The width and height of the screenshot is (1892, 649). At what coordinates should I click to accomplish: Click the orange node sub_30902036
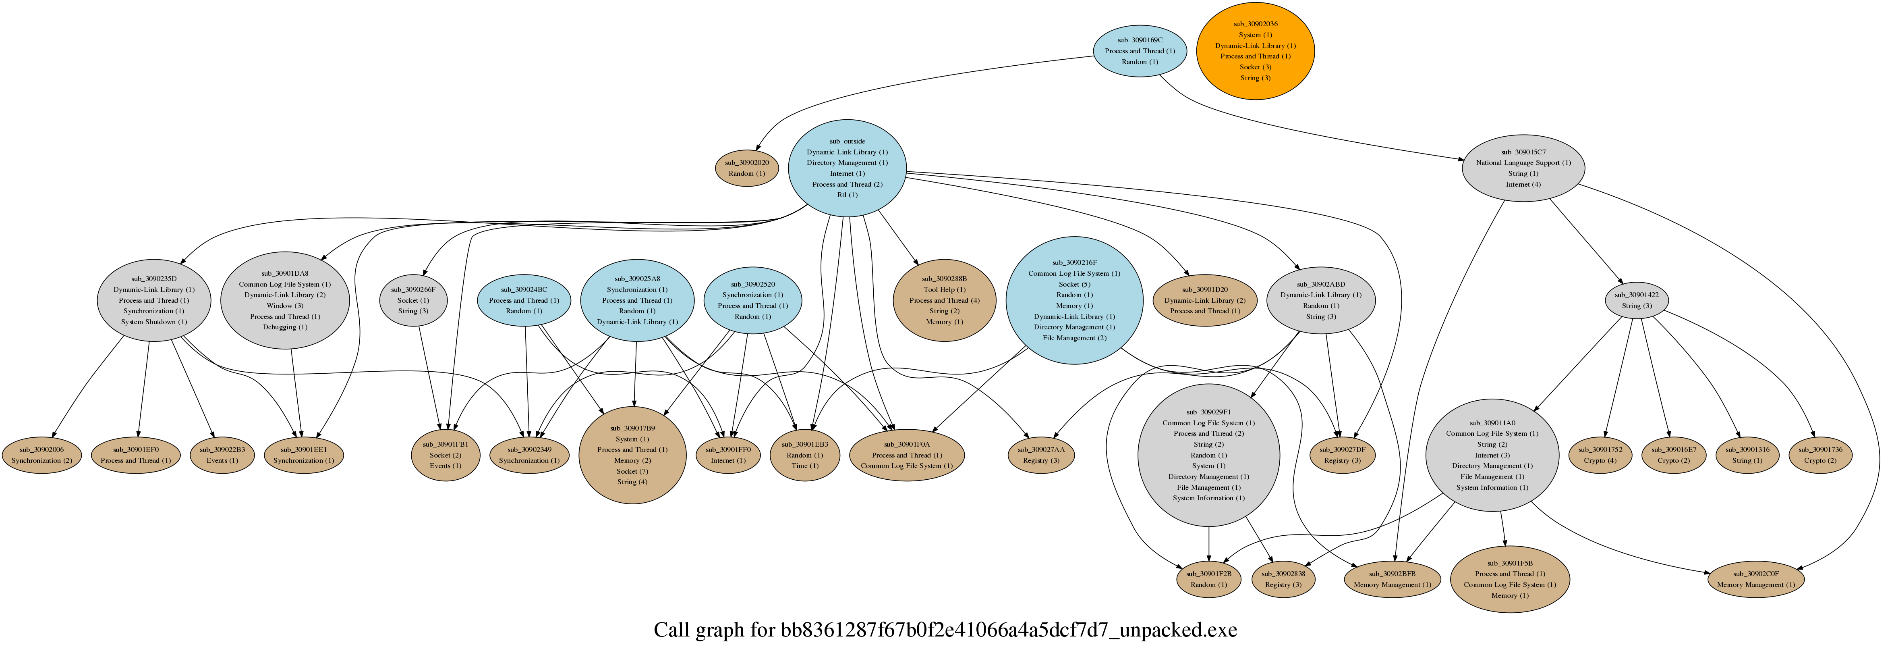click(x=1255, y=51)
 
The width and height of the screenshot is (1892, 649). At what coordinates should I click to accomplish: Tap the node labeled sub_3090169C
click(x=1139, y=51)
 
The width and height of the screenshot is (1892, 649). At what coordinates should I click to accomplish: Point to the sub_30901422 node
click(x=1636, y=300)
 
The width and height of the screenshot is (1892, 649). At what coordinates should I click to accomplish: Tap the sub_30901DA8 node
click(x=285, y=300)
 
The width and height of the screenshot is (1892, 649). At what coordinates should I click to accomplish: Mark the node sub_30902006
click(x=42, y=455)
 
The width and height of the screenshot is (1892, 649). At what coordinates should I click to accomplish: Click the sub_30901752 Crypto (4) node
click(x=1600, y=455)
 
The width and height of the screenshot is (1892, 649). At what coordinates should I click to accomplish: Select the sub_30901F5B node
click(x=1509, y=579)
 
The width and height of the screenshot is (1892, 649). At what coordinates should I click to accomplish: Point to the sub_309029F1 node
click(x=1208, y=455)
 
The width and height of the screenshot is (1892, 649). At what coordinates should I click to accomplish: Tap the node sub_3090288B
click(x=944, y=300)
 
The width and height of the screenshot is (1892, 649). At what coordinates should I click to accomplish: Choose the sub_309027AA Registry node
click(x=1041, y=455)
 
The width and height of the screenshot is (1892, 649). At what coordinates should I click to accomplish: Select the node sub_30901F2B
click(x=1208, y=579)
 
